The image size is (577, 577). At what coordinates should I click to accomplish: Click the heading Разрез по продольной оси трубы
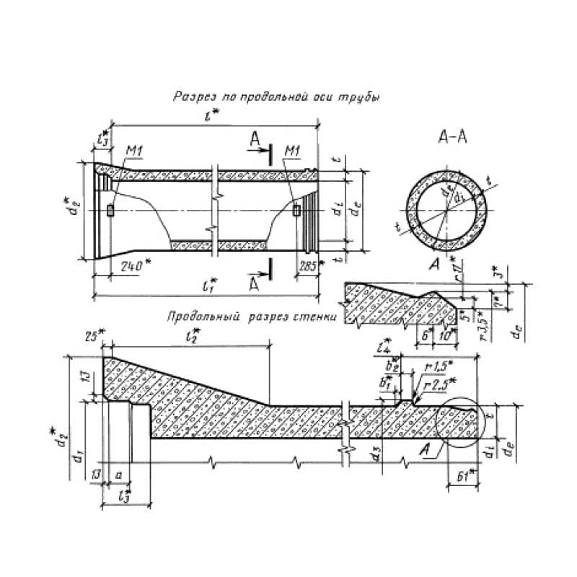pos(276,96)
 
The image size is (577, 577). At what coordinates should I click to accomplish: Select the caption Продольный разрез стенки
pos(250,316)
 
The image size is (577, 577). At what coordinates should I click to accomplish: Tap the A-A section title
pos(452,138)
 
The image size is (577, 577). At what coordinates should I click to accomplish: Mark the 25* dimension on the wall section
pos(93,336)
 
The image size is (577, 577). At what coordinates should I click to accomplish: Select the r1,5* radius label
pos(436,366)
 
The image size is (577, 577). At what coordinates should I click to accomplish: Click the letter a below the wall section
pos(118,476)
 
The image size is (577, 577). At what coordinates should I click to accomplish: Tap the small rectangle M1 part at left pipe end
pos(110,211)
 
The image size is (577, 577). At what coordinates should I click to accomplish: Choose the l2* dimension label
pos(193,336)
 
